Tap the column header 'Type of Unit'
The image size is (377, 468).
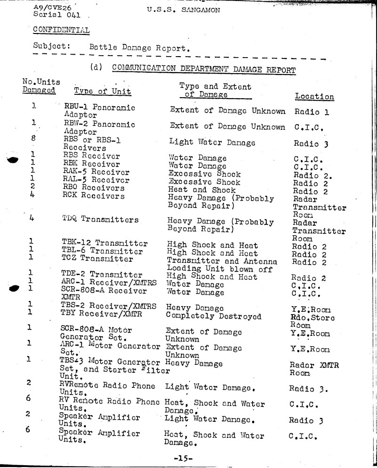tap(102, 91)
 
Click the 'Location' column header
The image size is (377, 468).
tap(314, 96)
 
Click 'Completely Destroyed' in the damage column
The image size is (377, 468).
tap(214, 316)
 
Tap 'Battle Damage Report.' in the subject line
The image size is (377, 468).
tap(139, 48)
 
